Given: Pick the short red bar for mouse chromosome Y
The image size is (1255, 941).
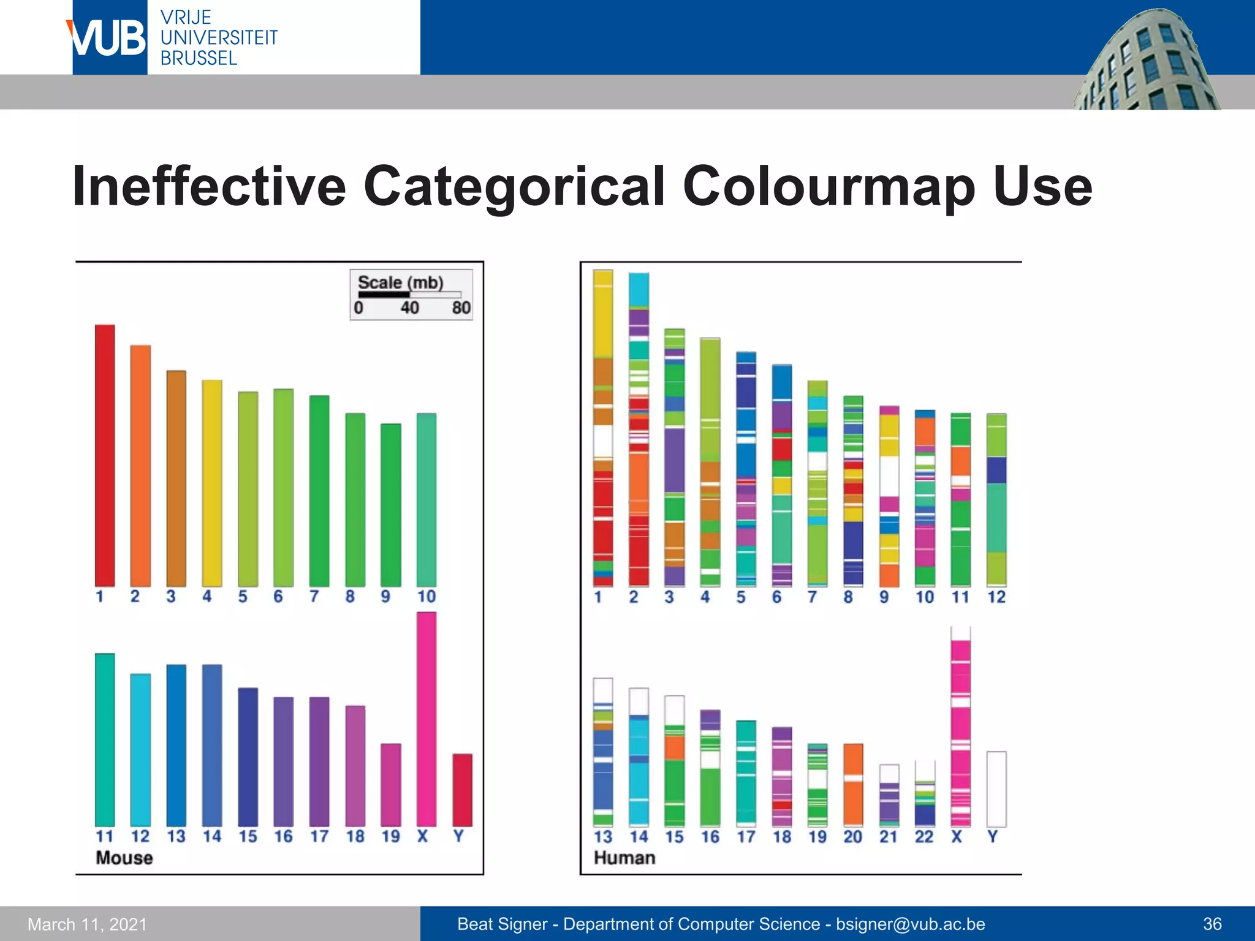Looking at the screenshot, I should tap(462, 790).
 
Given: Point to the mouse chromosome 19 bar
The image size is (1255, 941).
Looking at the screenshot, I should tap(391, 785).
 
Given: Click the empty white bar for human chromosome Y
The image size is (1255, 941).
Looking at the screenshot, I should tap(996, 789).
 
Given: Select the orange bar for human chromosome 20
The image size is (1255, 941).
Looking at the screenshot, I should tap(853, 785).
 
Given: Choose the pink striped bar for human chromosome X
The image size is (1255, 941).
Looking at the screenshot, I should tap(960, 729).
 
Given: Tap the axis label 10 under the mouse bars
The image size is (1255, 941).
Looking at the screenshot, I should tap(427, 597).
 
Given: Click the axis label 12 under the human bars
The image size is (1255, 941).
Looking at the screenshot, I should tap(996, 597).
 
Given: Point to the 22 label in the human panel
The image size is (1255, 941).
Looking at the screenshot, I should tap(924, 837).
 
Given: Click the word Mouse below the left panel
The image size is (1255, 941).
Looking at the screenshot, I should tap(124, 858).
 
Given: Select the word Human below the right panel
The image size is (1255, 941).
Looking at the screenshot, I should tap(624, 858).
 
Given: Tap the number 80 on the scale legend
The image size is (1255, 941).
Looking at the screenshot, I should tap(461, 308).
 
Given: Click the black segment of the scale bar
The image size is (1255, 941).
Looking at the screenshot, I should tap(384, 295).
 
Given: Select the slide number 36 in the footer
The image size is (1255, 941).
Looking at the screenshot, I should tap(1212, 924).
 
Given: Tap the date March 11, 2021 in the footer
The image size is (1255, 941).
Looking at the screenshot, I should tap(88, 924).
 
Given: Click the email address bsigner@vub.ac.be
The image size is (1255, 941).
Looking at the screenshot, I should tap(911, 924).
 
